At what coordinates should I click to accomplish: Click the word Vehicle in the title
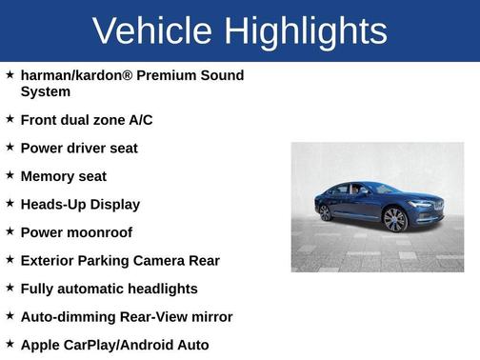click(152, 30)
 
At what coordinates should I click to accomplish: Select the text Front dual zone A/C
click(86, 120)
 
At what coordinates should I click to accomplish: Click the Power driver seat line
click(79, 149)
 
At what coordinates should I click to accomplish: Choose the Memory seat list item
click(63, 176)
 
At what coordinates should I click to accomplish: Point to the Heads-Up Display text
click(80, 204)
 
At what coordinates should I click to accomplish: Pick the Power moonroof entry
click(76, 232)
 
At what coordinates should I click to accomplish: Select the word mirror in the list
click(210, 316)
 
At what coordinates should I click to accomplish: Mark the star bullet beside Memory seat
click(10, 175)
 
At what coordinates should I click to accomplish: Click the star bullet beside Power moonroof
click(10, 231)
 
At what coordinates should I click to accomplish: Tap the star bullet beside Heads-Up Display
click(10, 203)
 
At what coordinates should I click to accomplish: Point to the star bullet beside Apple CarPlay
click(10, 343)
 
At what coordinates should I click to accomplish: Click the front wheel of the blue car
click(393, 220)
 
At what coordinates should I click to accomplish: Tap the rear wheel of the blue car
click(326, 212)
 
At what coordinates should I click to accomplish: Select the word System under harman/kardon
click(45, 92)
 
